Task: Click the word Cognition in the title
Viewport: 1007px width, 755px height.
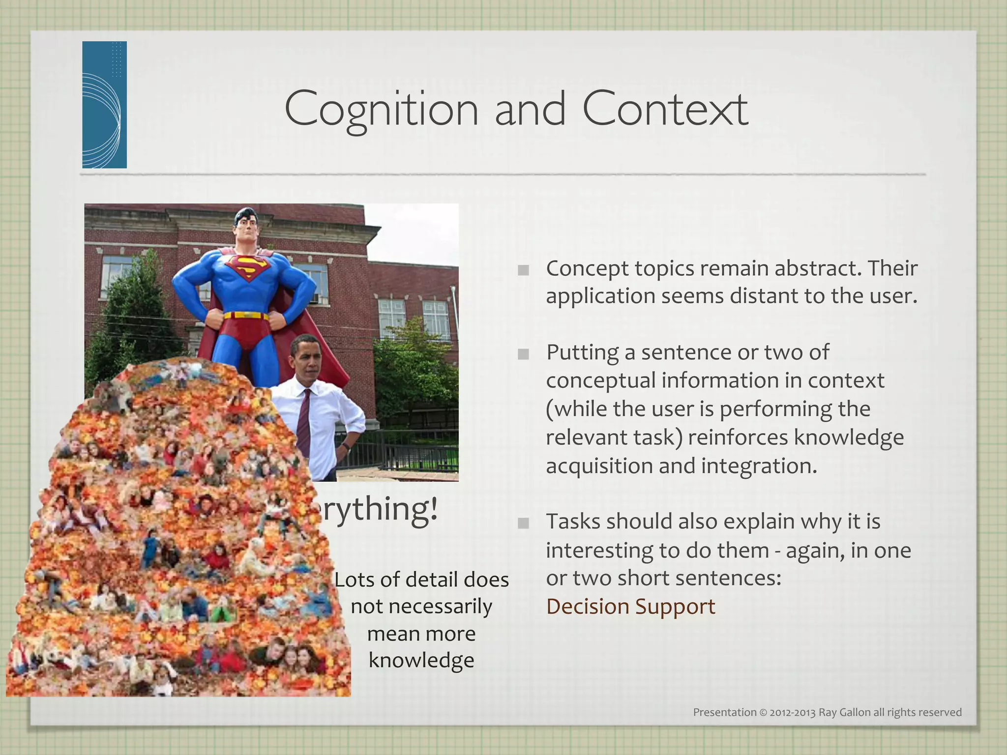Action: [381, 109]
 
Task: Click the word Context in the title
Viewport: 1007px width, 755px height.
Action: [665, 109]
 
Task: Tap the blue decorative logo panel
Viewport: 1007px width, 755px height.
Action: [104, 105]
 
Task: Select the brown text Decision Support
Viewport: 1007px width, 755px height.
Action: [630, 607]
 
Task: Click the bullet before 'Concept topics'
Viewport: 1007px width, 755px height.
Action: [524, 270]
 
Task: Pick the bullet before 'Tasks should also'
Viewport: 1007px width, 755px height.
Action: [524, 523]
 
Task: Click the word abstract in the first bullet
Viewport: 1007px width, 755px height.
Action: [812, 268]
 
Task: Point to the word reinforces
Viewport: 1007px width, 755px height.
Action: [738, 437]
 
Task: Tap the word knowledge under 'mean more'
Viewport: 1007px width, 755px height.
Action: [421, 660]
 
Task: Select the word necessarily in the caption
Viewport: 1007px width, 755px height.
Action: [421, 607]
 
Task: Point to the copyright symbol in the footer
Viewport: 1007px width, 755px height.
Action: [763, 712]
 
